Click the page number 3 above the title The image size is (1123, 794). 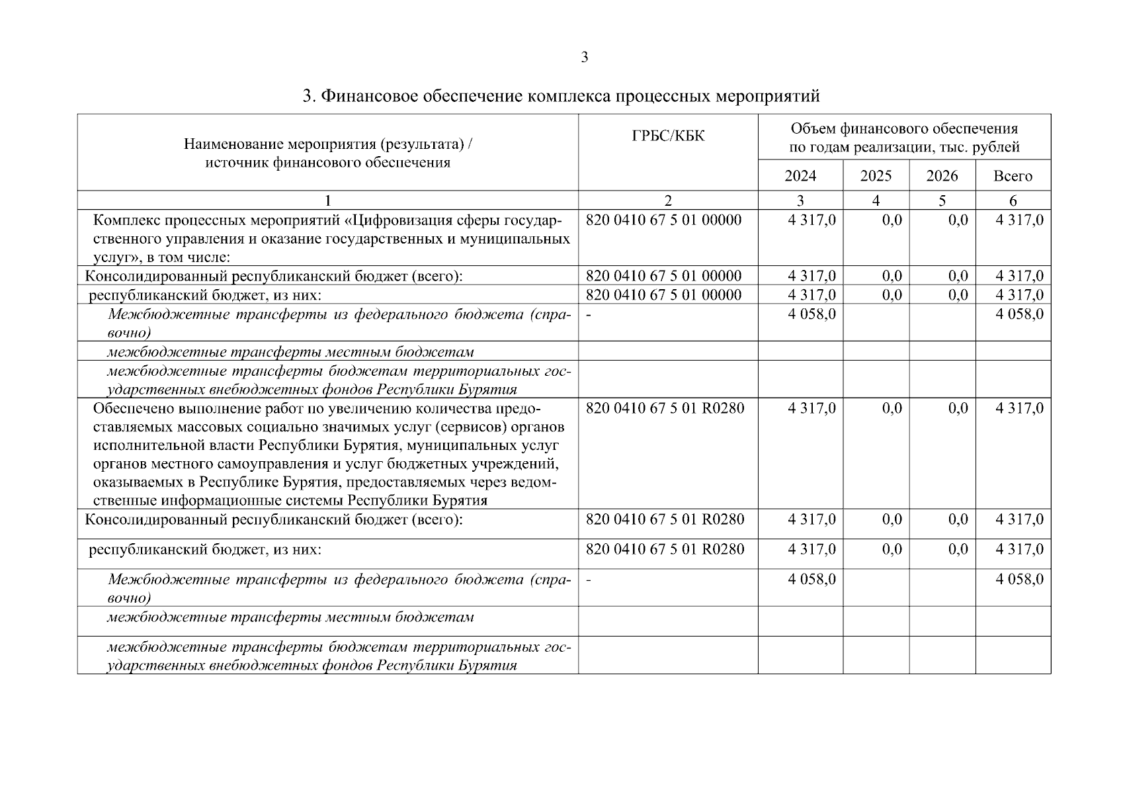(584, 58)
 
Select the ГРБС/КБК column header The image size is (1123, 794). (668, 136)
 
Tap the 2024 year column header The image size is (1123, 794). (800, 176)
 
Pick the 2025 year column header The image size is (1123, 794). (876, 176)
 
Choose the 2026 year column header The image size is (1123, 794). (942, 176)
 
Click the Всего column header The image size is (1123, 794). (1013, 176)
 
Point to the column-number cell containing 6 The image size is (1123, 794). (1013, 200)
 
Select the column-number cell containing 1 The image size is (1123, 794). (327, 200)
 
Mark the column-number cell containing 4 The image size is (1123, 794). (876, 200)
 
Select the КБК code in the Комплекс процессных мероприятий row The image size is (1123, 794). (664, 220)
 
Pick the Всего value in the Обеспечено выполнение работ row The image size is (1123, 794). (1019, 408)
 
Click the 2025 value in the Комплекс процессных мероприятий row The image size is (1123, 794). (892, 220)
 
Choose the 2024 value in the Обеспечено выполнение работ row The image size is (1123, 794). (811, 408)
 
